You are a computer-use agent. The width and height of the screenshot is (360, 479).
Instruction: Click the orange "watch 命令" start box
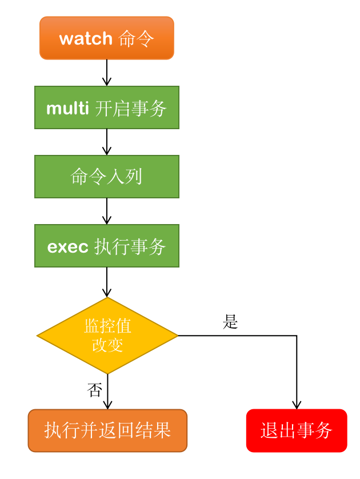pyautogui.click(x=106, y=38)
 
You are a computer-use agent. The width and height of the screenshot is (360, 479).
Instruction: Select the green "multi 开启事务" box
pyautogui.click(x=106, y=107)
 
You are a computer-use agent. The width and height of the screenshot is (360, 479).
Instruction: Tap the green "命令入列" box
pyautogui.click(x=106, y=177)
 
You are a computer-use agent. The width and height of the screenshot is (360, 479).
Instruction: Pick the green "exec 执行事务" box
pyautogui.click(x=106, y=246)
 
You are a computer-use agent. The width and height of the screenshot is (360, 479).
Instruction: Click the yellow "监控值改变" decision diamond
pyautogui.click(x=107, y=336)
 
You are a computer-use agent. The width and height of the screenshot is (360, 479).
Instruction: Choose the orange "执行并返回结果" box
pyautogui.click(x=107, y=430)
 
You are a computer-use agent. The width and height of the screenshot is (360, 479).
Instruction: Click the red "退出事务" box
pyautogui.click(x=297, y=430)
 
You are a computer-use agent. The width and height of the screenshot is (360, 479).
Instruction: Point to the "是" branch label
pyautogui.click(x=230, y=322)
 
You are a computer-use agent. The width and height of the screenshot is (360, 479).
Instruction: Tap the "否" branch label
pyautogui.click(x=94, y=390)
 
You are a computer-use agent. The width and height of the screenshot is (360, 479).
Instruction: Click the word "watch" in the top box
pyautogui.click(x=86, y=38)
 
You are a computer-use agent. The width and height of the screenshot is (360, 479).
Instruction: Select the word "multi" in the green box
pyautogui.click(x=67, y=108)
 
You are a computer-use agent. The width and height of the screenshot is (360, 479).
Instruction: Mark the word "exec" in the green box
pyautogui.click(x=67, y=246)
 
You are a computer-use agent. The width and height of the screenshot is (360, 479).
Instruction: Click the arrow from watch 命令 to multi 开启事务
pyautogui.click(x=106, y=73)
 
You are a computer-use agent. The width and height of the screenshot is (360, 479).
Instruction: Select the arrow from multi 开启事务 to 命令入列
pyautogui.click(x=106, y=142)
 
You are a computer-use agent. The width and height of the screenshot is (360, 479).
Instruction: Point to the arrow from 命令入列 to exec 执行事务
pyautogui.click(x=106, y=211)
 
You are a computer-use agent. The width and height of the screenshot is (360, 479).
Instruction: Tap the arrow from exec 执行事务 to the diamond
pyautogui.click(x=106, y=282)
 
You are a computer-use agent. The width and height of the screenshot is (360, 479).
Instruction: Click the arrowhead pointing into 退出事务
pyautogui.click(x=297, y=404)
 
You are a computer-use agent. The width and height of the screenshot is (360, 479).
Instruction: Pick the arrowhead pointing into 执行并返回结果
pyautogui.click(x=107, y=404)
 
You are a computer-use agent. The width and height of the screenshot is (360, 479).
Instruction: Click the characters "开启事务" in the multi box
pyautogui.click(x=130, y=108)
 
